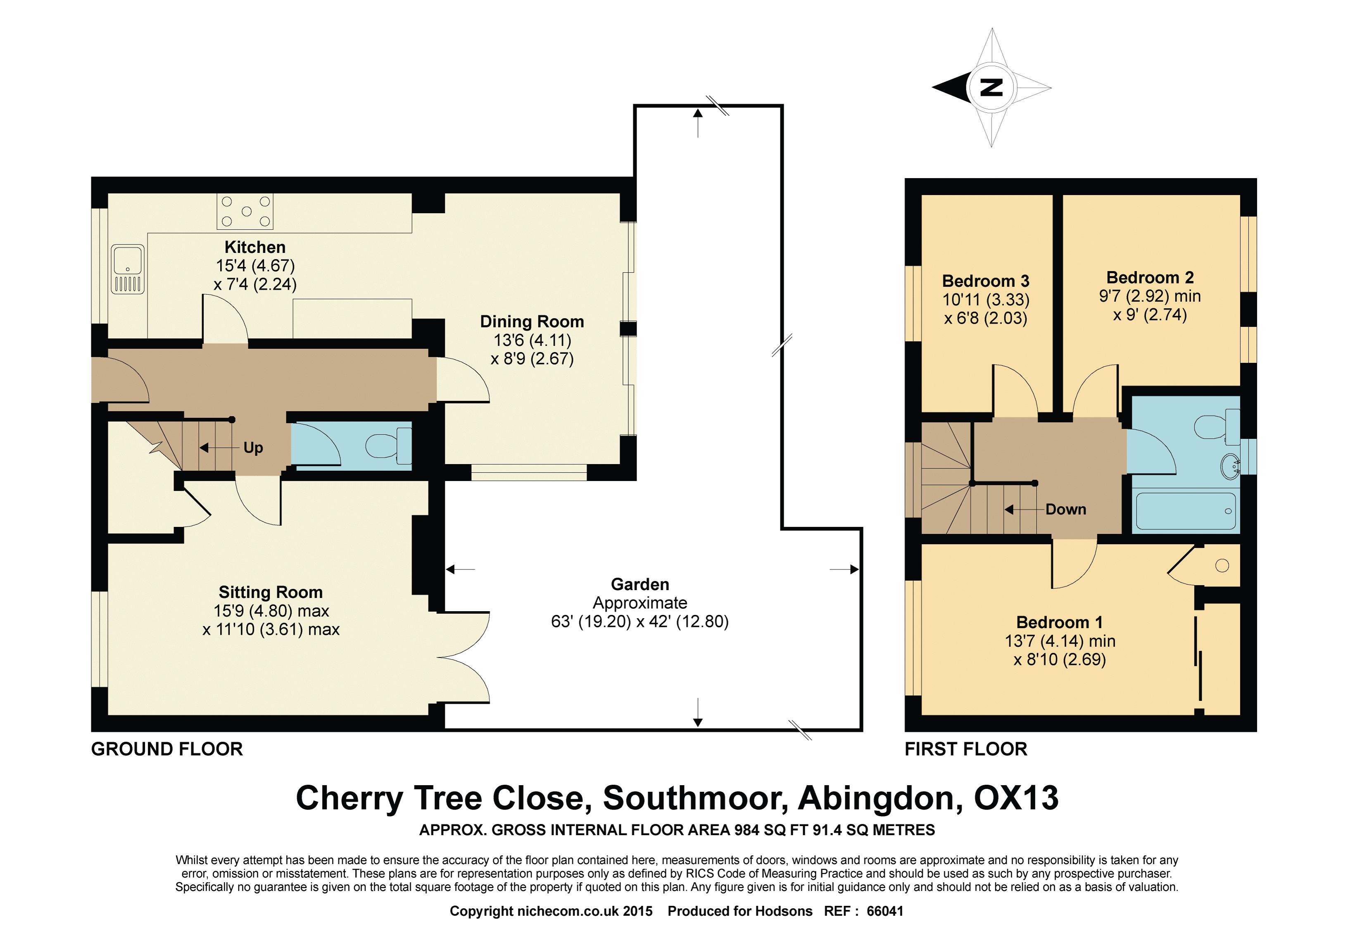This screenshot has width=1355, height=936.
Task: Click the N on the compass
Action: [x=991, y=87]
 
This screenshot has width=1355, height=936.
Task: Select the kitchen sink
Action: [x=128, y=269]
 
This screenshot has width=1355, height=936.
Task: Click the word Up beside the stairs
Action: [x=253, y=448]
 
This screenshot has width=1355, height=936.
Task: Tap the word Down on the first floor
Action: [x=1065, y=509]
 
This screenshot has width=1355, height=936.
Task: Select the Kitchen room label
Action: [x=255, y=247]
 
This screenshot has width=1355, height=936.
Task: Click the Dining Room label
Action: [x=532, y=322]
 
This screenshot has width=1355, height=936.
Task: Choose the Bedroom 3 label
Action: [x=986, y=281]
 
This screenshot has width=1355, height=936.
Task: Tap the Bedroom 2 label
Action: [x=1150, y=277]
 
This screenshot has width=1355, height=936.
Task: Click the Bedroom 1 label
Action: [x=1060, y=622]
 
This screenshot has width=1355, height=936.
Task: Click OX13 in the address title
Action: [x=1016, y=798]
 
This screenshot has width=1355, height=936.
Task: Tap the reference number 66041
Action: [x=885, y=911]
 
